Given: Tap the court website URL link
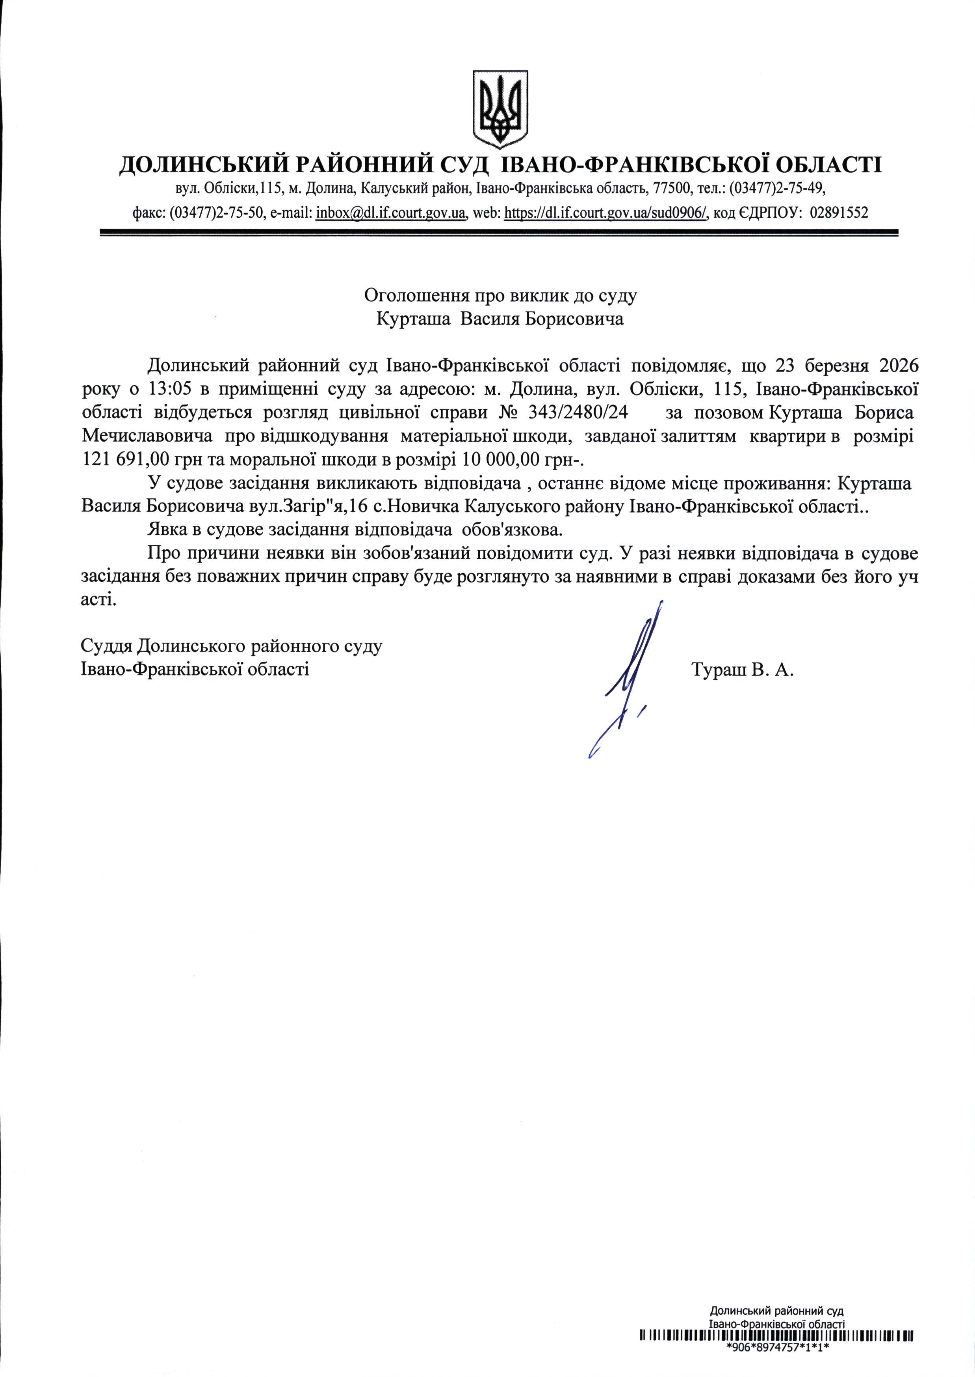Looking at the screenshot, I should (606, 213).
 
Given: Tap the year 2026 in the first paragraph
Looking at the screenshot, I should (899, 366).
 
